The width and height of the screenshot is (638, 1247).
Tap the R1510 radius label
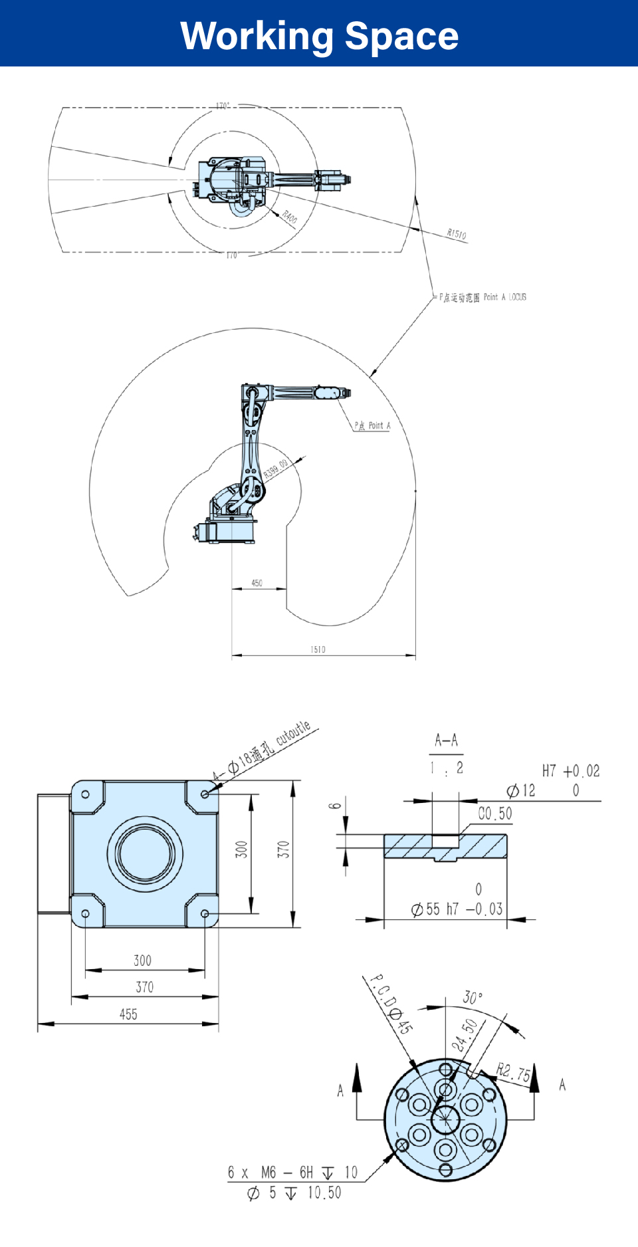(457, 234)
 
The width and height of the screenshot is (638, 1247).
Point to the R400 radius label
(290, 217)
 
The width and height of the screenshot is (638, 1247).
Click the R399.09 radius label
(276, 469)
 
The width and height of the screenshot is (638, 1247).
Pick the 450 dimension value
(257, 583)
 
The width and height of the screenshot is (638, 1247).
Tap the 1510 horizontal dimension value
(318, 649)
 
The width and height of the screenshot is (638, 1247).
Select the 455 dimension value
(128, 1014)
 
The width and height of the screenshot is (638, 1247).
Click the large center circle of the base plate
(145, 853)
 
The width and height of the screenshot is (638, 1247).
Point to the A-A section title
(446, 740)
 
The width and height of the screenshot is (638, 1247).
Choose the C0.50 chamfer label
(495, 814)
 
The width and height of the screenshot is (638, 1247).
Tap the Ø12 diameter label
(521, 790)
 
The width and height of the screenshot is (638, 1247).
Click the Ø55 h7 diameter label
(435, 909)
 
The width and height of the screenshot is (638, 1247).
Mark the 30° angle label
(473, 998)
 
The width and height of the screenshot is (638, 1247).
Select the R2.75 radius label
(514, 1072)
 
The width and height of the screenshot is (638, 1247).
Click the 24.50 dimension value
(465, 1035)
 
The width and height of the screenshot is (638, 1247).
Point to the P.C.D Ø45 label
(391, 1004)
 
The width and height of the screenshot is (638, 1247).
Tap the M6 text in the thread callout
(268, 1173)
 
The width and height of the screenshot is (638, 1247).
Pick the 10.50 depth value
(324, 1193)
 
